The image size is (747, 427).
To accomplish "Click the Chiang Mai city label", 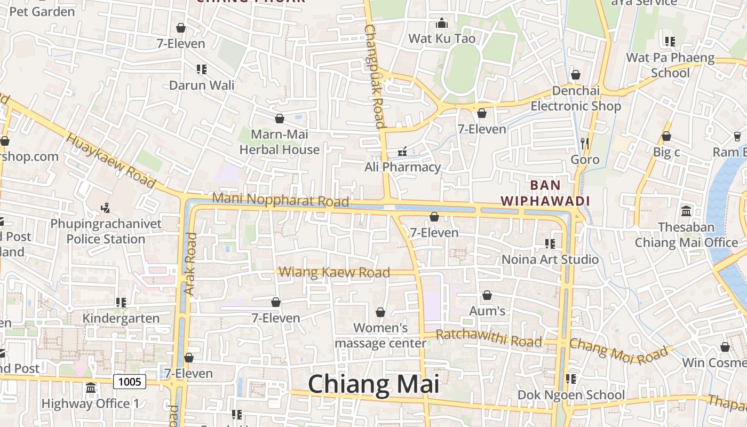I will (373, 384).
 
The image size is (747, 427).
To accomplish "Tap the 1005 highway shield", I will (130, 382).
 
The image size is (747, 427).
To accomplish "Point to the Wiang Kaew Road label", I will (335, 273).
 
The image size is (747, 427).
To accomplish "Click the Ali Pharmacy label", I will (402, 167).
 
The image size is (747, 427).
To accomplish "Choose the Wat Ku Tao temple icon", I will (441, 23).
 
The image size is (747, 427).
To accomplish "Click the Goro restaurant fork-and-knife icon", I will (585, 143).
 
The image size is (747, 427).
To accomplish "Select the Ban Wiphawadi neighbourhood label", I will (545, 193).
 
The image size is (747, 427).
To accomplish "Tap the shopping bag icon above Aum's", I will (487, 295).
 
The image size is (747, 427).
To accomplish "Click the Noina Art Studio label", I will (550, 259).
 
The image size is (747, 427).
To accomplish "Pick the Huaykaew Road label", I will (112, 160).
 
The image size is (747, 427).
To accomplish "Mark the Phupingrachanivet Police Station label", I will (106, 231).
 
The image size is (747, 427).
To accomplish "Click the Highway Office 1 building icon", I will (91, 388).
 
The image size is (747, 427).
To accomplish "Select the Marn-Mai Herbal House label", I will (279, 142).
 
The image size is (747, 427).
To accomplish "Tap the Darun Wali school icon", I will (201, 69).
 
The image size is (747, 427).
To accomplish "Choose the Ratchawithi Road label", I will (489, 338).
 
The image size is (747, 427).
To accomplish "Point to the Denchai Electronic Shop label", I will (576, 98).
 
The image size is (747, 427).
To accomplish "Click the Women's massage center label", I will (380, 335).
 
